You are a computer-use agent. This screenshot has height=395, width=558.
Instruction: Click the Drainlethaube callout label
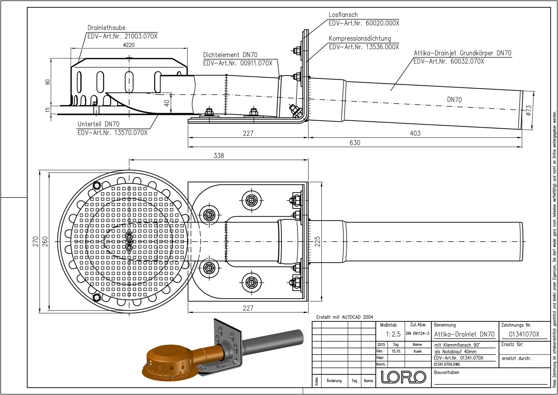[106, 28]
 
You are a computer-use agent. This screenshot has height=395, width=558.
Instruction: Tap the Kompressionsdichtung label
[360, 39]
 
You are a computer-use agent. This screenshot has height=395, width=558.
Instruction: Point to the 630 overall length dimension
[355, 143]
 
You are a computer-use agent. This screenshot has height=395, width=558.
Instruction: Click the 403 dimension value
[415, 133]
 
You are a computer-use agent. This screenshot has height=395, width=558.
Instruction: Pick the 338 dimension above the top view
[219, 155]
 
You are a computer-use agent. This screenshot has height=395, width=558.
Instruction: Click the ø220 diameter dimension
[129, 45]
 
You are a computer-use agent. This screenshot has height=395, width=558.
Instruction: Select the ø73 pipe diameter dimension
[529, 110]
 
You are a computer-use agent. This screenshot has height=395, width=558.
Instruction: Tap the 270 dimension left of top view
[36, 242]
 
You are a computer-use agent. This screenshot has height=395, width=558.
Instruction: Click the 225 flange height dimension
[317, 241]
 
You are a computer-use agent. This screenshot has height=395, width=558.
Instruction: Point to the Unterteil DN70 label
[98, 124]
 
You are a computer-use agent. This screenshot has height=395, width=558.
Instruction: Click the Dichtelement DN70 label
[230, 55]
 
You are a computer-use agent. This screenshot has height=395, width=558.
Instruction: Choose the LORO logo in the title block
[403, 377]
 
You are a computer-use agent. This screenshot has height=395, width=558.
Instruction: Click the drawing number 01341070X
[524, 334]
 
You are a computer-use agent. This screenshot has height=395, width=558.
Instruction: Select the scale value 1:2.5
[393, 334]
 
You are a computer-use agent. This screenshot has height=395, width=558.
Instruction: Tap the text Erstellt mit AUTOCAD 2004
[345, 317]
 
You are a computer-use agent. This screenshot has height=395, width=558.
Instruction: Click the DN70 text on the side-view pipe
[454, 100]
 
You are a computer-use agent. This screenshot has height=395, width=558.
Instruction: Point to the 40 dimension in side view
[167, 103]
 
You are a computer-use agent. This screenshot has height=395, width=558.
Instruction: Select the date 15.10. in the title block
[396, 351]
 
